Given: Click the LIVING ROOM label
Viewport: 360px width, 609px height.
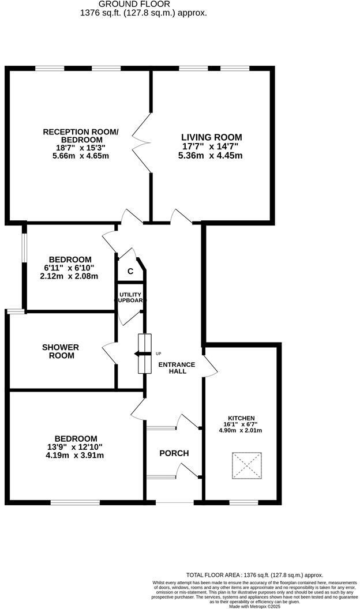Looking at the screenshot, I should (x=211, y=137).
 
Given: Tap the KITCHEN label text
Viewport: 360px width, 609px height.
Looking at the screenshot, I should (x=241, y=418).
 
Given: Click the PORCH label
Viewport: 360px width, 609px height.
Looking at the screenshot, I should (x=174, y=453).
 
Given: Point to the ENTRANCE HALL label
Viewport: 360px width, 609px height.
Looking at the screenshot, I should (x=177, y=368).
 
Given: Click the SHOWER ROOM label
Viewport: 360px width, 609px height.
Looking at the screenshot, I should (x=61, y=351).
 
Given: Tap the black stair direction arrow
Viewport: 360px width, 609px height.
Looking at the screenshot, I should (x=140, y=354).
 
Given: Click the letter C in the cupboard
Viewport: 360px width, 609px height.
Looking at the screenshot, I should (x=130, y=271).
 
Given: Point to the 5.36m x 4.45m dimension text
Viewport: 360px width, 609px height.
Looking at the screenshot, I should (x=211, y=156).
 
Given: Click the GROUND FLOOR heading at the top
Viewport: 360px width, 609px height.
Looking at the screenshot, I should (x=143, y=3).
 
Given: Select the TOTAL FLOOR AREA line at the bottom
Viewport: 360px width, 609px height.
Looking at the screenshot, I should (x=254, y=575).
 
